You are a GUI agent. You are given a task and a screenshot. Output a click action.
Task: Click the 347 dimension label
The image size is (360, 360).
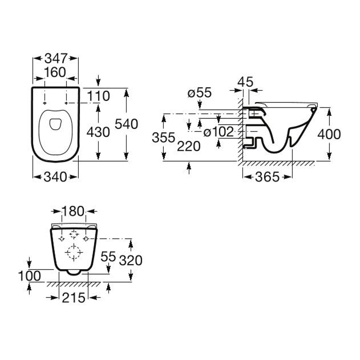click(56, 58)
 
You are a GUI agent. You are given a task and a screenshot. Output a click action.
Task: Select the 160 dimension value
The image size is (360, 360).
click(55, 72)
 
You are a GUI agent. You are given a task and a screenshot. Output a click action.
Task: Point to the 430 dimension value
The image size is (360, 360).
click(98, 132)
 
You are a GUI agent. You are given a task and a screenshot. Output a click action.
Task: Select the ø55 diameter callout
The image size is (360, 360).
click(200, 93)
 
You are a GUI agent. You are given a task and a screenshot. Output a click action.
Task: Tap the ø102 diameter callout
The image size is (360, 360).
click(218, 132)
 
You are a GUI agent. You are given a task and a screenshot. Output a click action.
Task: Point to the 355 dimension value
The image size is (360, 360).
click(163, 138)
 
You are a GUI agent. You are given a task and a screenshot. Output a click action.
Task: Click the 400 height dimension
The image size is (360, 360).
click(329, 134)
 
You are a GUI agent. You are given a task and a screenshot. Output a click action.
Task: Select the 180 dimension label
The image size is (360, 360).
click(74, 211)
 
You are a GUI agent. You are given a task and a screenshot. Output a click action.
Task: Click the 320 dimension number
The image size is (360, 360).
click(130, 260)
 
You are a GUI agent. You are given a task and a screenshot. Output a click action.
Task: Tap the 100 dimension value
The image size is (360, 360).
click(29, 275)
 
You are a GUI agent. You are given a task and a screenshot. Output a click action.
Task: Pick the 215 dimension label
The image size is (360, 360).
click(74, 297)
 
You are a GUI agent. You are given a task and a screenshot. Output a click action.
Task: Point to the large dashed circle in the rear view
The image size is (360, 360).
click(73, 253)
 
